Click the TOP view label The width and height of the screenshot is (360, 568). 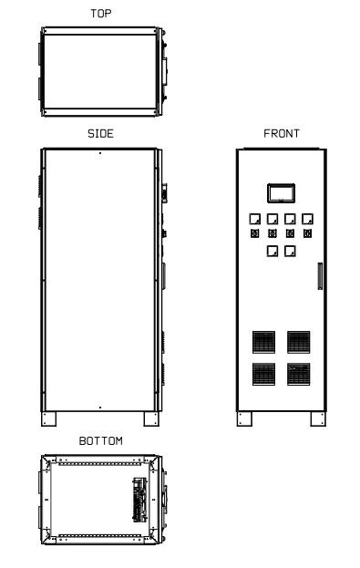pos(100,14)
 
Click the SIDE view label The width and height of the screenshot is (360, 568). pos(100,134)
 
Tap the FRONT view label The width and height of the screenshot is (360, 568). pos(282,134)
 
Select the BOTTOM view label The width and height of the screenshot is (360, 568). pos(100,441)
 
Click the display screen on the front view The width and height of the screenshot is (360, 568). pos(281,193)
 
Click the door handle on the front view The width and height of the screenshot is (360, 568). pos(320,276)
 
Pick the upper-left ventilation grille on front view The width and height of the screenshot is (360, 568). pos(263,342)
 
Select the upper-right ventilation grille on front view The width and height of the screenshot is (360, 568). pos(298,342)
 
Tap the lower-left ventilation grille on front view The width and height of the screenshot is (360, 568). pos(263,374)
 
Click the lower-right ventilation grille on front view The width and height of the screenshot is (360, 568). pos(298,374)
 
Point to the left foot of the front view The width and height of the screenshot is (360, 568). pos(244,418)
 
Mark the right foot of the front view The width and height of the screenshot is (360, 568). pos(318,418)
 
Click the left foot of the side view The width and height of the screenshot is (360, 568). pos(48,418)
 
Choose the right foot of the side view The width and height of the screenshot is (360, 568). pos(151,418)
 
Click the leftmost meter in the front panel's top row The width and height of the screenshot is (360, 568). pos(255,219)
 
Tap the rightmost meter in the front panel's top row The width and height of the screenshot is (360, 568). pos(307,219)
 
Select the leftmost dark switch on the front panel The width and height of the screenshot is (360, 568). pos(255,233)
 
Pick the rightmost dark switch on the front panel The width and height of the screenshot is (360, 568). pos(307,233)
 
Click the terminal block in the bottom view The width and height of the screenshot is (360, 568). pos(140,500)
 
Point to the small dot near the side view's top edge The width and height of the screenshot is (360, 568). pos(100,153)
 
